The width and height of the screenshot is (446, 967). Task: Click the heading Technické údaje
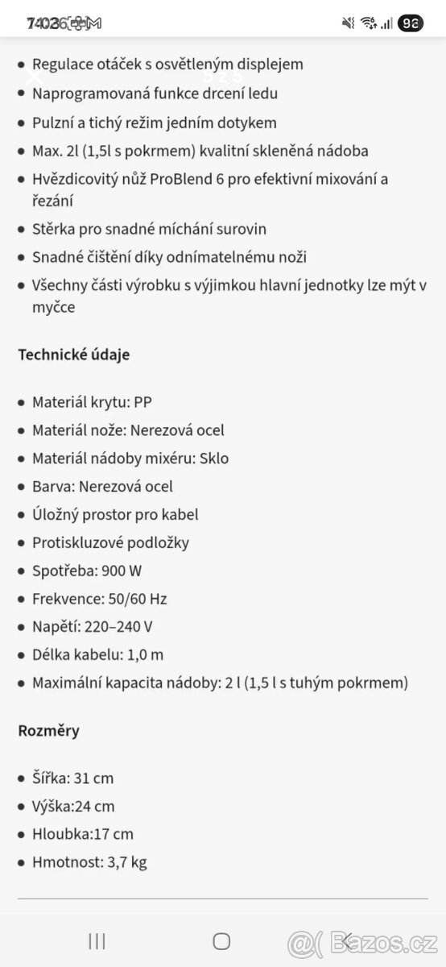[x=73, y=355]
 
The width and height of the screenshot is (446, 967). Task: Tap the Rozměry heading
[x=49, y=731]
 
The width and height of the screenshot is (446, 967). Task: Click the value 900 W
[x=122, y=571]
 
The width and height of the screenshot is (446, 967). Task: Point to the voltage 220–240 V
[x=125, y=627]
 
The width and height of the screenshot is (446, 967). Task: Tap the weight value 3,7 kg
[x=126, y=862]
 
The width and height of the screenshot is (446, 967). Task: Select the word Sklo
[x=215, y=459]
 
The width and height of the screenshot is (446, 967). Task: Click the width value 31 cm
[x=93, y=778]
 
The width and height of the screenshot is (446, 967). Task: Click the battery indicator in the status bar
[x=411, y=23]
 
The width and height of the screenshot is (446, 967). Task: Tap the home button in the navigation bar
[x=222, y=940]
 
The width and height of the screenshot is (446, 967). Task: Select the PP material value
[x=142, y=402]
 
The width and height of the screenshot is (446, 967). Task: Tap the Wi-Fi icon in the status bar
[x=369, y=23]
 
